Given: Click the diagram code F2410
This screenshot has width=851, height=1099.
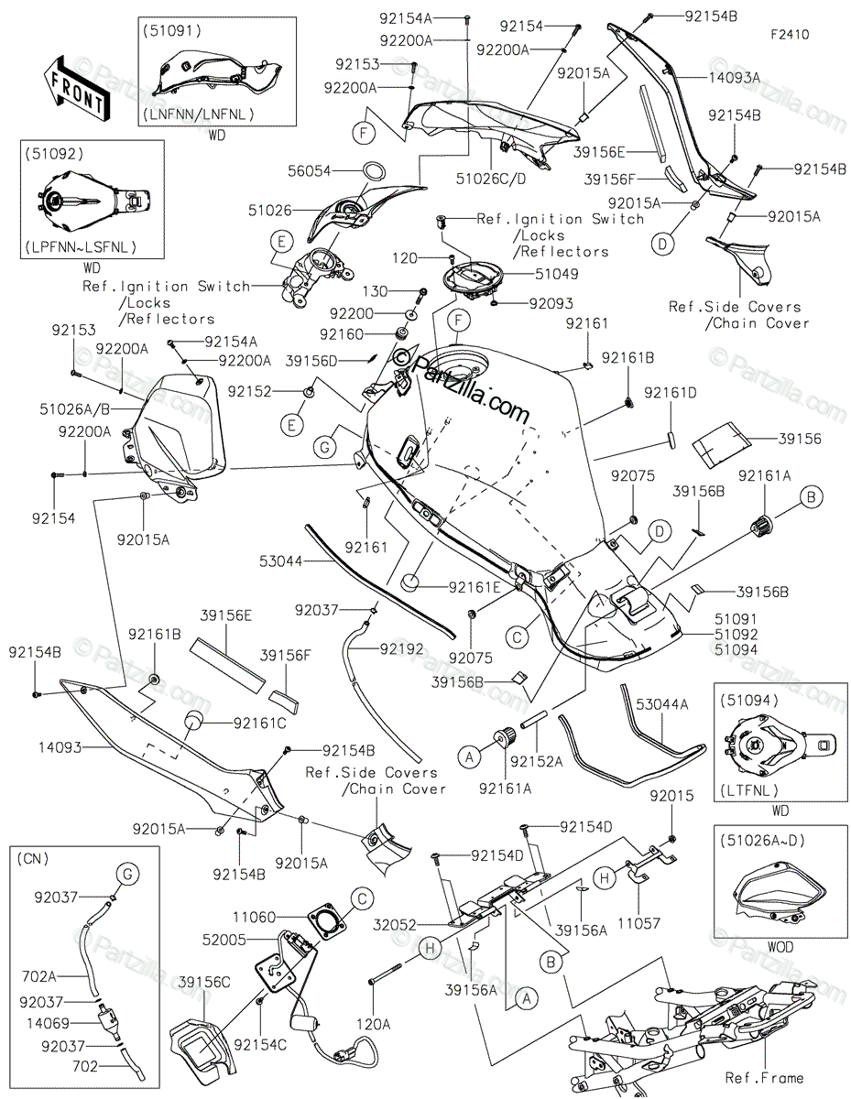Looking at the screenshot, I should coord(789,36).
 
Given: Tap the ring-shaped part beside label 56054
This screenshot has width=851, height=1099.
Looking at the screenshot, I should coord(374,171).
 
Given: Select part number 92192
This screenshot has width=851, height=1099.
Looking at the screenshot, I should coord(402,648).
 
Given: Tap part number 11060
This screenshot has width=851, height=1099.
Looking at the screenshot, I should coord(256,917).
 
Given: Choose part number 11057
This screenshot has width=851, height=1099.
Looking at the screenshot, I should coord(638,924).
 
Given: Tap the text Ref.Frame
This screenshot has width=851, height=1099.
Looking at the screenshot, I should coord(764,1078).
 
